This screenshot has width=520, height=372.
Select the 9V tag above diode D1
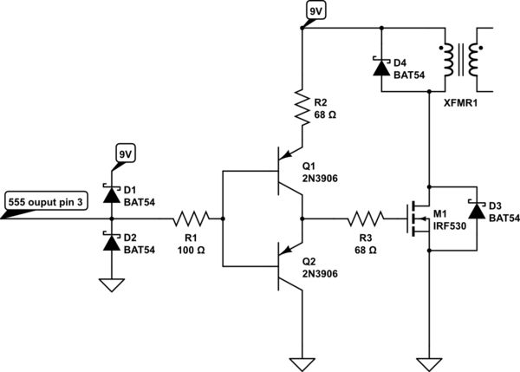(126, 154)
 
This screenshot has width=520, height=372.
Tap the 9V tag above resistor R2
(313, 11)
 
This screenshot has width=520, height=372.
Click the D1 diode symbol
(111, 194)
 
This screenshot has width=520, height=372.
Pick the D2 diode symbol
(111, 243)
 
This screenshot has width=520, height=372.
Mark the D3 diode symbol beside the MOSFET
(475, 211)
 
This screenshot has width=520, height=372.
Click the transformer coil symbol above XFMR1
(461, 61)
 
